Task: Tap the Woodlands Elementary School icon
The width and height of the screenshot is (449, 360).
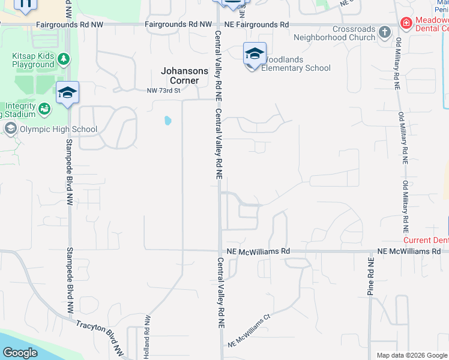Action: point(255,54)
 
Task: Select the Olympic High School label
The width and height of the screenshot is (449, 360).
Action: point(50,128)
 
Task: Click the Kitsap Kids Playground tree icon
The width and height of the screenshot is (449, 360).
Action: point(63,59)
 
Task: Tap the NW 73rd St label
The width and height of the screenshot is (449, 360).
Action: point(163,91)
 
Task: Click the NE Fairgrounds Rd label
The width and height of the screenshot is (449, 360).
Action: point(256,25)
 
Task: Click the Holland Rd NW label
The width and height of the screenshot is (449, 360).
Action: point(146,343)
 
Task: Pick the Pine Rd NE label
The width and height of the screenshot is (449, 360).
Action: point(370,277)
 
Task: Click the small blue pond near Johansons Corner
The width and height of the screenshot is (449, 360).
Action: point(167,121)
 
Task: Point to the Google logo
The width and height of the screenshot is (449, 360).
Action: point(20,353)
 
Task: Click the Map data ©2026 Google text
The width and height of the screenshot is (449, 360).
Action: point(411,355)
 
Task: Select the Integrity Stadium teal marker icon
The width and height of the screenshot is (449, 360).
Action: point(44,109)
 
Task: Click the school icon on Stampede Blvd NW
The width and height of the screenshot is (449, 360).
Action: point(67,93)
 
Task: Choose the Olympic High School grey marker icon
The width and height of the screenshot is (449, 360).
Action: point(10,128)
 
